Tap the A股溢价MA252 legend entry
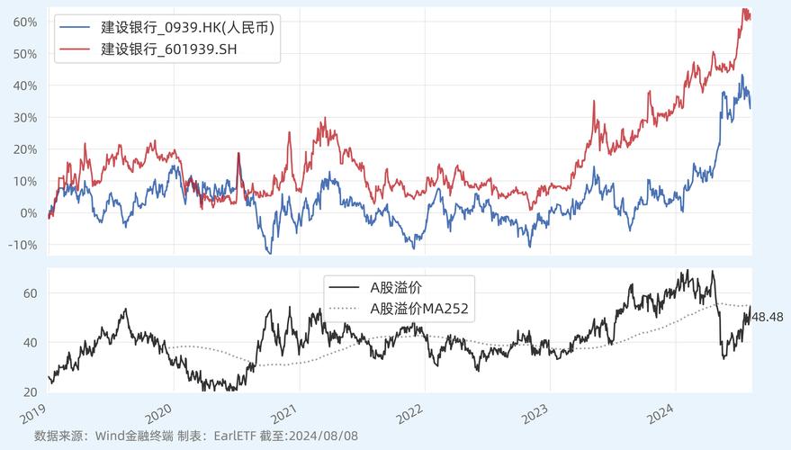(419, 308)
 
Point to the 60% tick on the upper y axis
(25, 22)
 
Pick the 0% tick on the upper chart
(29, 213)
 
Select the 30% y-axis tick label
(25, 118)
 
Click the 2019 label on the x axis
(33, 415)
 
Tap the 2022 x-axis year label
(410, 415)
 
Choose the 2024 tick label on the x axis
(661, 415)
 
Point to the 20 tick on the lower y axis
(30, 392)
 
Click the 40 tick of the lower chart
(30, 343)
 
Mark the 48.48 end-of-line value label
(768, 317)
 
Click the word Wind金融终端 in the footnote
(130, 436)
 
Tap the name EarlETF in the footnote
(239, 436)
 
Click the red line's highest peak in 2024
(744, 9)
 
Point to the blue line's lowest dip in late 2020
(268, 253)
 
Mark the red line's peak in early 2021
(324, 118)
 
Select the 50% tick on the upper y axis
(25, 54)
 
